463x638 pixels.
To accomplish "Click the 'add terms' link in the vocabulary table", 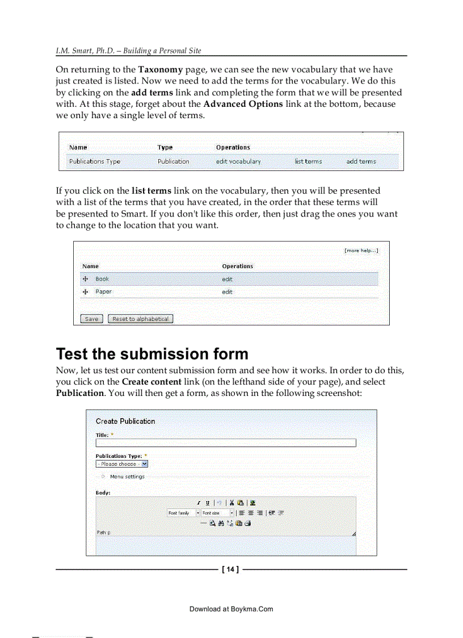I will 361,161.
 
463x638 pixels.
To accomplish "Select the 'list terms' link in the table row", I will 308,161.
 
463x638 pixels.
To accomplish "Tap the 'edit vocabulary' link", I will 238,161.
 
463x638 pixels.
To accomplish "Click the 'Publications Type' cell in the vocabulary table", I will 95,161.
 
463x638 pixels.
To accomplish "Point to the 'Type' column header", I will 165,148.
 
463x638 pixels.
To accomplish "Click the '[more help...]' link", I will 361,251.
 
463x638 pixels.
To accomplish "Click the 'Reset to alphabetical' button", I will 140,319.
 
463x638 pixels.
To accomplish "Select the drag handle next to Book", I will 86,279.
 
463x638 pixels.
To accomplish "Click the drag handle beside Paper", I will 86,292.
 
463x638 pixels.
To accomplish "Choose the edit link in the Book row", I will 227,280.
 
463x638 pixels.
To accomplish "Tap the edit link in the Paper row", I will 227,292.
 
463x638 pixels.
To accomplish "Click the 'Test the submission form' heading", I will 152,354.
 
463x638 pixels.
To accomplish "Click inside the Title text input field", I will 226,443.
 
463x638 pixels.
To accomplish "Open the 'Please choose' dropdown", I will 121,464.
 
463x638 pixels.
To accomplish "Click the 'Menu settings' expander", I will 127,477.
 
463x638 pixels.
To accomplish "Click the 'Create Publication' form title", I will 125,421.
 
